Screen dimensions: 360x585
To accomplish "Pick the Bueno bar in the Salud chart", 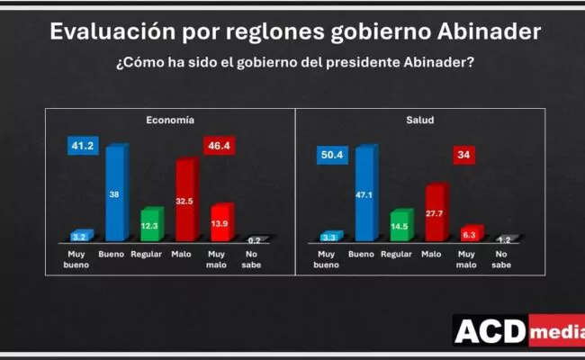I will coord(364,193).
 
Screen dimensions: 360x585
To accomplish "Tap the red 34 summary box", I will coord(464,155).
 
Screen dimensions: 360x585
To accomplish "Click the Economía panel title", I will coord(171,119).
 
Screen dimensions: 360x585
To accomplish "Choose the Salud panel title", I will coord(419,119).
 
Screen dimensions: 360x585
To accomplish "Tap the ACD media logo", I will coord(517,331).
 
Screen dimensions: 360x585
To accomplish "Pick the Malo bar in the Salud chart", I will coord(435,212).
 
